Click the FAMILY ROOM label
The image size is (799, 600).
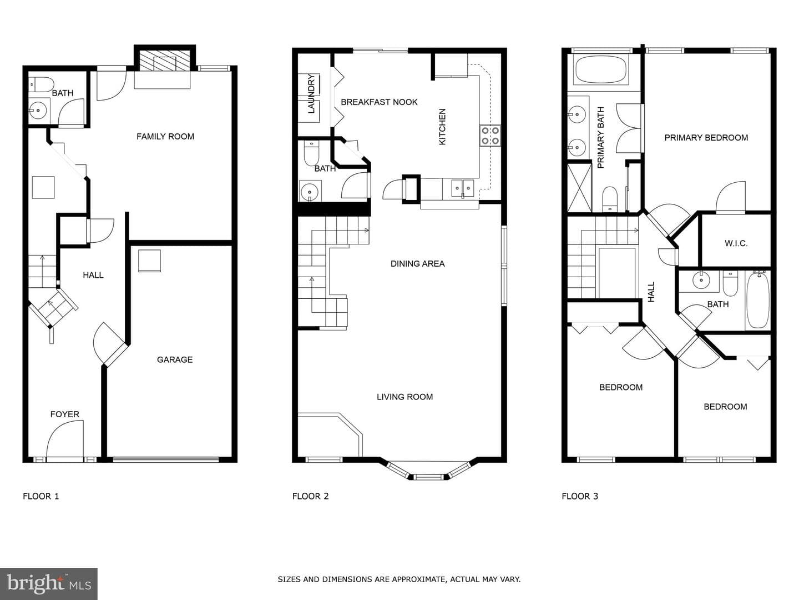pyautogui.click(x=165, y=137)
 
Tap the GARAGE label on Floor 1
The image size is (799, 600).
pyautogui.click(x=175, y=359)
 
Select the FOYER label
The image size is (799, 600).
pyautogui.click(x=65, y=414)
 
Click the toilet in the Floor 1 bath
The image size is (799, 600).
pyautogui.click(x=41, y=84)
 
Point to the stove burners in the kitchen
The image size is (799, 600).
pyautogui.click(x=490, y=136)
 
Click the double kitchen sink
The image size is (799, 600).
pyautogui.click(x=463, y=188)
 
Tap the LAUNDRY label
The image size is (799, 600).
pyautogui.click(x=311, y=94)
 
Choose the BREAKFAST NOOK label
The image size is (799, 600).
pyautogui.click(x=379, y=102)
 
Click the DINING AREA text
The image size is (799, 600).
pyautogui.click(x=417, y=264)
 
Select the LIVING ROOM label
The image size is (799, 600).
pyautogui.click(x=405, y=397)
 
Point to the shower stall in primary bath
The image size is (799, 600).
pyautogui.click(x=580, y=188)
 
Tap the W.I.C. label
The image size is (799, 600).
pyautogui.click(x=736, y=243)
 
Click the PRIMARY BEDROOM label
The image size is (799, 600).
pyautogui.click(x=706, y=138)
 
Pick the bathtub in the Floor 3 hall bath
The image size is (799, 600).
pyautogui.click(x=758, y=301)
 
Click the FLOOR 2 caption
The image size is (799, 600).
pyautogui.click(x=311, y=496)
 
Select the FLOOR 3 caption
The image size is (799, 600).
pyautogui.click(x=580, y=496)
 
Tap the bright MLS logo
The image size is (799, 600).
pyautogui.click(x=49, y=583)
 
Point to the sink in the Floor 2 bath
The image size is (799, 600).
pyautogui.click(x=310, y=191)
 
